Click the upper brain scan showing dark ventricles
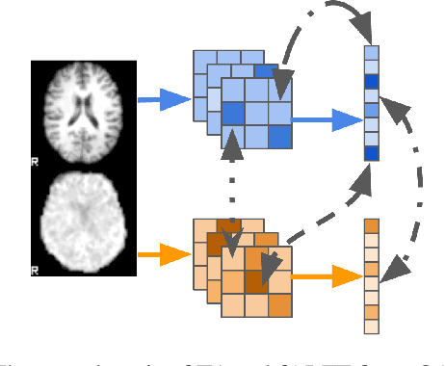(x=84, y=108)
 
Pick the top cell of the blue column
(x=372, y=53)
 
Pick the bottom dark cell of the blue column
(x=372, y=153)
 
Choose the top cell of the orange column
(x=372, y=225)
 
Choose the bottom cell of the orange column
(x=372, y=326)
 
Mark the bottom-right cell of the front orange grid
(x=278, y=305)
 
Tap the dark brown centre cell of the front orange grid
(x=255, y=281)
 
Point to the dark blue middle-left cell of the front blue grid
(x=233, y=116)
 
